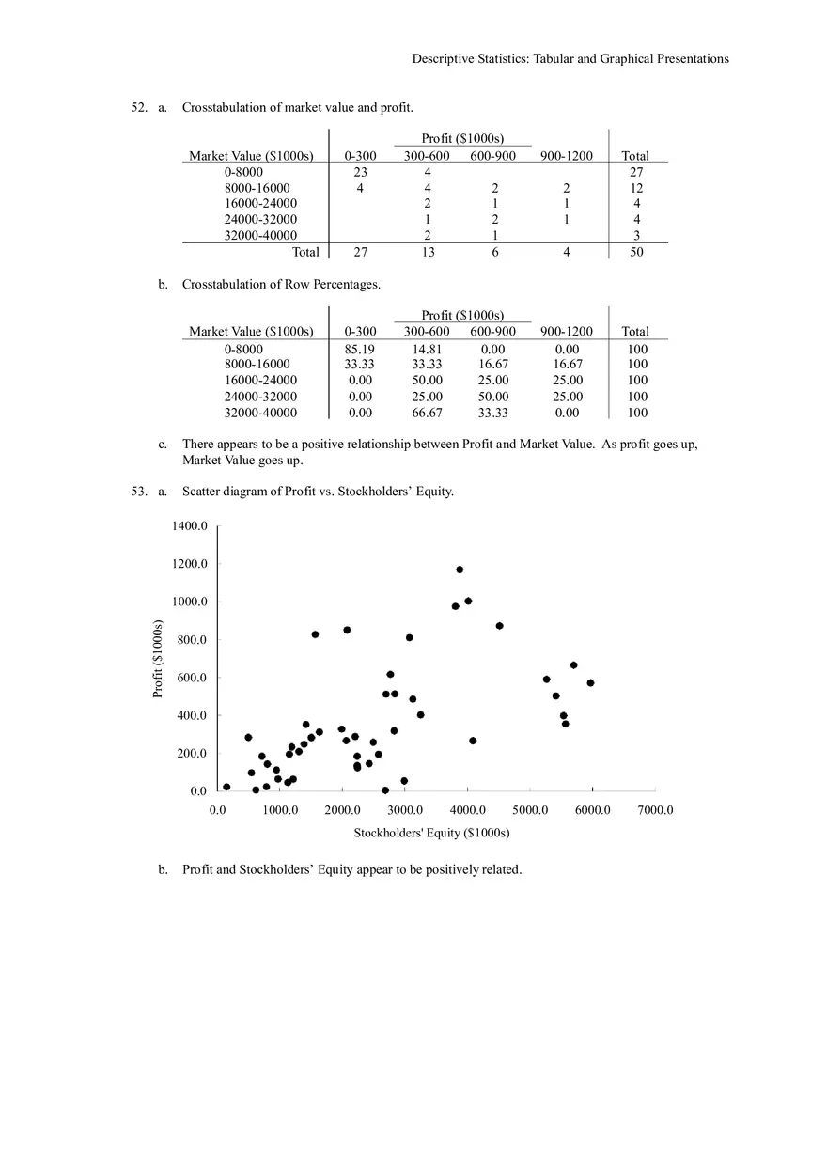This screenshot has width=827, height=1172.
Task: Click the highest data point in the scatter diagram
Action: click(460, 570)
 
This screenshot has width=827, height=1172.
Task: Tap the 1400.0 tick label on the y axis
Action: click(189, 526)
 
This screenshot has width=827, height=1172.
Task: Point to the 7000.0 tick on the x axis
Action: click(655, 810)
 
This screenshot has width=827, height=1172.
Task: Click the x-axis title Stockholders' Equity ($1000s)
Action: click(431, 833)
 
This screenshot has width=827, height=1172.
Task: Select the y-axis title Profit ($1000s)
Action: click(158, 659)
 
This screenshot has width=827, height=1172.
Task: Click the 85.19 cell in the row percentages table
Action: click(360, 349)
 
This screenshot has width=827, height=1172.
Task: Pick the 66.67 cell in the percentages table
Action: click(427, 413)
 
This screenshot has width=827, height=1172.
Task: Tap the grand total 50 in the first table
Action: click(636, 252)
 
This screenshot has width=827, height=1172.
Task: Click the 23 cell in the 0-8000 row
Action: click(360, 172)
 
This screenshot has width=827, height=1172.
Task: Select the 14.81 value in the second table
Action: click(427, 349)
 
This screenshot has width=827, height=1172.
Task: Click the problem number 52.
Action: click(139, 108)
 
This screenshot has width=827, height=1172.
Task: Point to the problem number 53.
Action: click(139, 491)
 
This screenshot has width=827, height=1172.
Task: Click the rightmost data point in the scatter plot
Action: click(590, 683)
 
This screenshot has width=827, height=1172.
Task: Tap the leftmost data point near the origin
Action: click(226, 787)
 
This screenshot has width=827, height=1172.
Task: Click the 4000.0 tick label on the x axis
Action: click(467, 810)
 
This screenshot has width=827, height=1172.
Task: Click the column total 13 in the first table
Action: click(428, 252)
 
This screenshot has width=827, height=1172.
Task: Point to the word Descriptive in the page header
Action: click(441, 58)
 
